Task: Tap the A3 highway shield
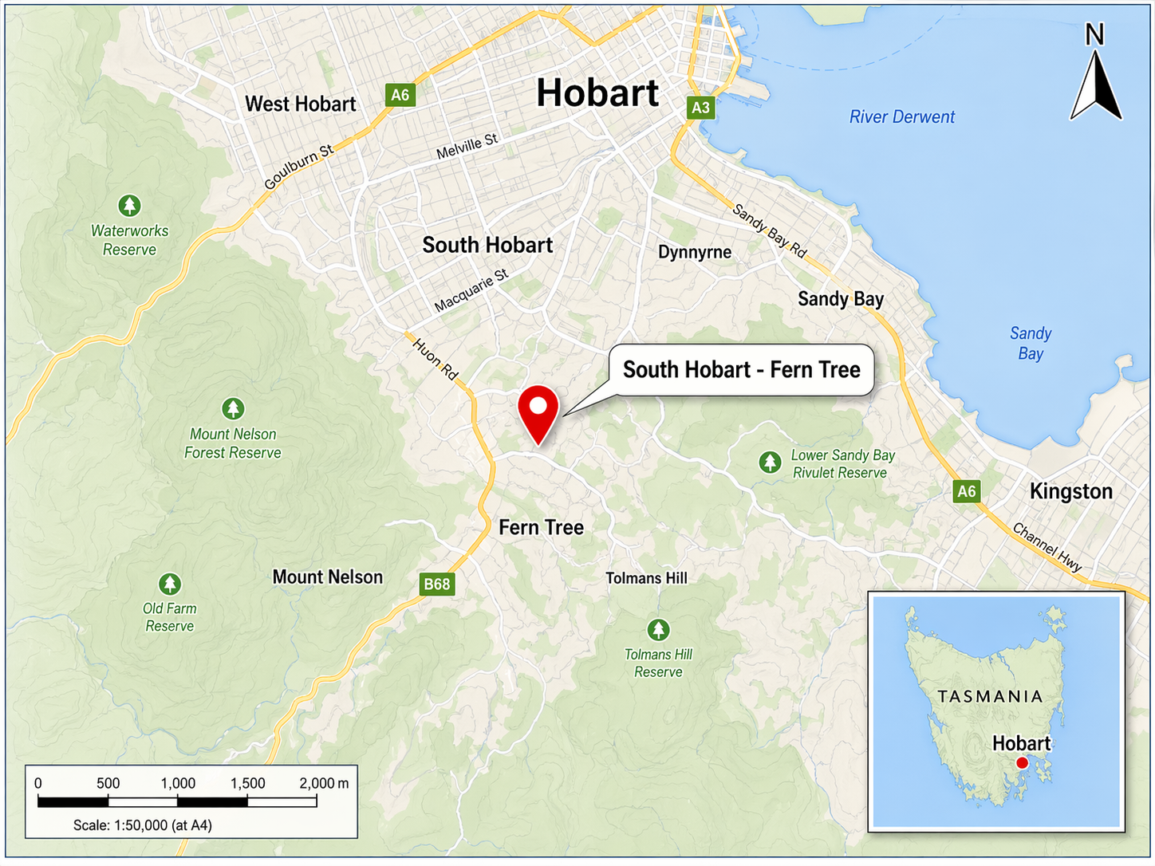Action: pyautogui.click(x=700, y=108)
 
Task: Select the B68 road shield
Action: pyautogui.click(x=436, y=584)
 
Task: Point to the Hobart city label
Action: pyautogui.click(x=597, y=93)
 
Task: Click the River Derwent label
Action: pyautogui.click(x=901, y=117)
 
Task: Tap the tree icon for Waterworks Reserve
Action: pyautogui.click(x=129, y=206)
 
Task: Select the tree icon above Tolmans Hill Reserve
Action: pyautogui.click(x=658, y=630)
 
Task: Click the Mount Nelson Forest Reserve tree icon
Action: pyautogui.click(x=233, y=409)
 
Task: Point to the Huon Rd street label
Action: pyautogui.click(x=436, y=358)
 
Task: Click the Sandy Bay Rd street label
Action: pyautogui.click(x=770, y=231)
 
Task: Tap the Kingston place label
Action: pyautogui.click(x=1070, y=491)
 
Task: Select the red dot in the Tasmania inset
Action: pyautogui.click(x=1022, y=763)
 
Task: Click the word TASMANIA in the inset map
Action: pyautogui.click(x=990, y=696)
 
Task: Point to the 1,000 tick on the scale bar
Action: pyautogui.click(x=178, y=783)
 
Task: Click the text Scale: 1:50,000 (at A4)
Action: pyautogui.click(x=143, y=825)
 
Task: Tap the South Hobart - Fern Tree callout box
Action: pyautogui.click(x=741, y=370)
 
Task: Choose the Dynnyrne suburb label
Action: pyautogui.click(x=695, y=252)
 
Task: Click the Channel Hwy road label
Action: pyautogui.click(x=1047, y=546)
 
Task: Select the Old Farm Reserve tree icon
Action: pyautogui.click(x=169, y=584)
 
